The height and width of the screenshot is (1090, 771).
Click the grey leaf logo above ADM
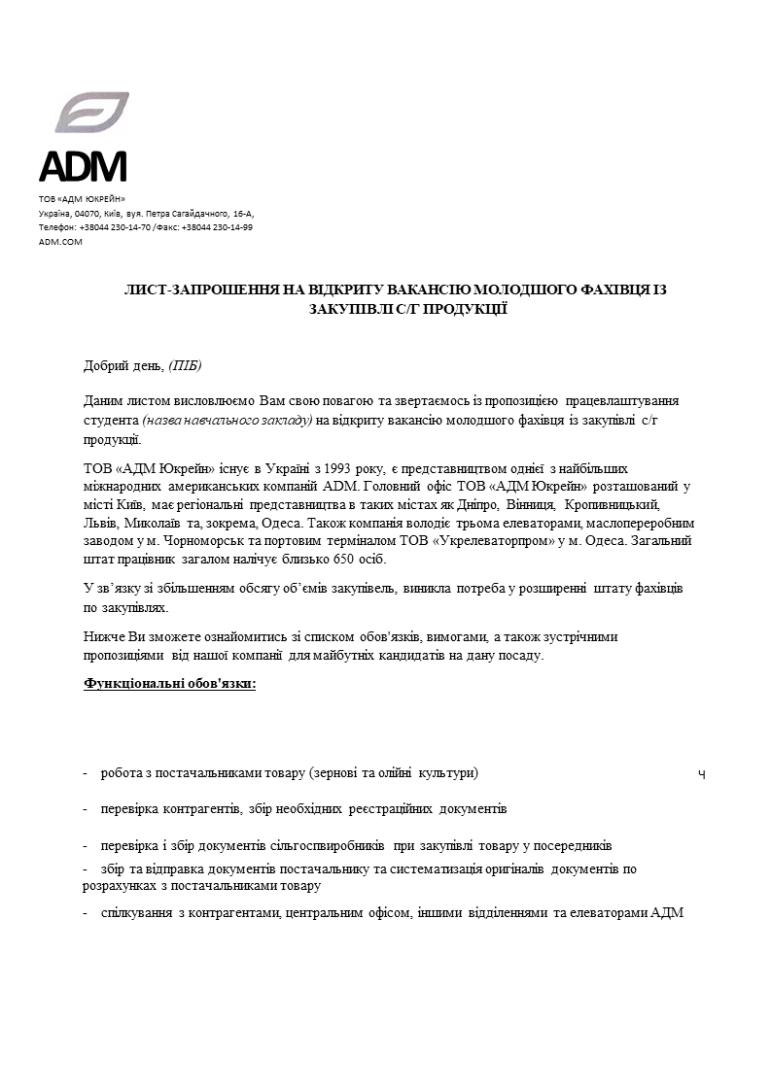pos(92,113)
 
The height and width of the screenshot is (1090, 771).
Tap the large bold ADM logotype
pos(83,167)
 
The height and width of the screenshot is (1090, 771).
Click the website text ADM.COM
pos(60,242)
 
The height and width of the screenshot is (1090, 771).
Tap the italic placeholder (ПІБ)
pos(186,365)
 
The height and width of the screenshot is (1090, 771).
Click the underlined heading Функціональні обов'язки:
pos(170,684)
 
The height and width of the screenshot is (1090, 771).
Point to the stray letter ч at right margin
pos(702,774)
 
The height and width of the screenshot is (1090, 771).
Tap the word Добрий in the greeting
pos(105,365)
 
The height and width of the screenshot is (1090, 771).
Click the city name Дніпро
pos(477,505)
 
